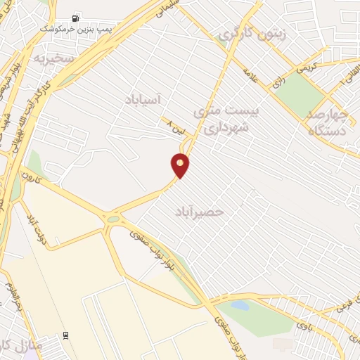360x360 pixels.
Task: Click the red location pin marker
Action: tap(181, 165)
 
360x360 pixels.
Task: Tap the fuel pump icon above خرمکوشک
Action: tap(75, 19)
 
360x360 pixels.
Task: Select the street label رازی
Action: tap(279, 82)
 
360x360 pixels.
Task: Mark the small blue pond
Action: tap(240, 307)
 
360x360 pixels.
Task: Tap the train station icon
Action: tap(66, 335)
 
